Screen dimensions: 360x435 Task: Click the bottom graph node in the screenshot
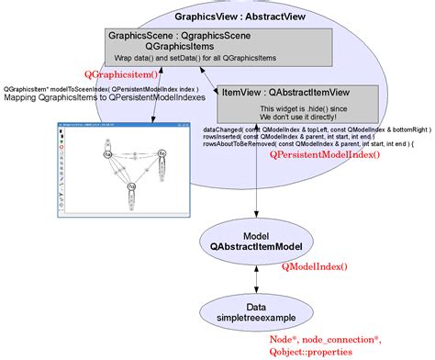click(131, 187)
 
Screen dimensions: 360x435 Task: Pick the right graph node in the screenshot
click(162, 152)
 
